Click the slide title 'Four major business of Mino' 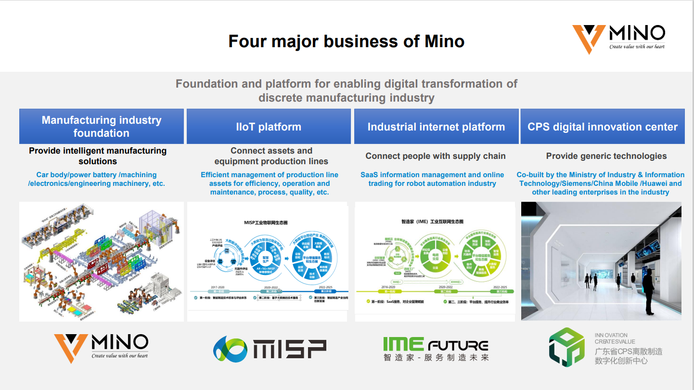[x=346, y=41]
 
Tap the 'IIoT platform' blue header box [x=269, y=127]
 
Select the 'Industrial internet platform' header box [x=436, y=127]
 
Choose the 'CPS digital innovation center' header [x=603, y=127]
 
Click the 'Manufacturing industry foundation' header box [x=102, y=127]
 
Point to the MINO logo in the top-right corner [x=619, y=39]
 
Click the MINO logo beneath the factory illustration [x=101, y=348]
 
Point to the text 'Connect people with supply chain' [x=436, y=156]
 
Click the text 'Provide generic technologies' [x=606, y=156]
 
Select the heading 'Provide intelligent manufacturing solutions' [x=98, y=156]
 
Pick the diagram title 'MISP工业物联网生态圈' [x=266, y=223]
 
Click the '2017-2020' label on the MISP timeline [x=218, y=287]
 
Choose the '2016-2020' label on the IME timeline [x=388, y=287]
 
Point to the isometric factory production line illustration [x=102, y=261]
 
